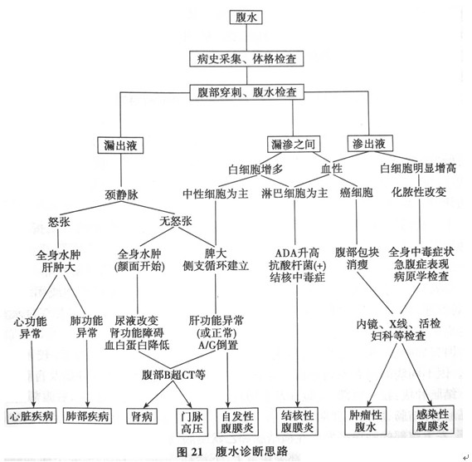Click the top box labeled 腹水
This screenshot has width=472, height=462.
[x=246, y=17]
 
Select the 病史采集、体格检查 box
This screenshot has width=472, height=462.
[x=246, y=58]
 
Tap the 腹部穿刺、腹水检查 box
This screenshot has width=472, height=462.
[x=246, y=92]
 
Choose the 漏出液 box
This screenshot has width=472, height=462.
[x=120, y=145]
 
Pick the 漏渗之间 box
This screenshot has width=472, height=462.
[x=294, y=144]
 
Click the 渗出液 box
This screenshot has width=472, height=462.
[x=370, y=143]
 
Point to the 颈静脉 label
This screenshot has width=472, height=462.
[x=121, y=194]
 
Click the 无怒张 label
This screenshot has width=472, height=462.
[x=176, y=221]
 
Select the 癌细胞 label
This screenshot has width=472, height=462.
[x=356, y=193]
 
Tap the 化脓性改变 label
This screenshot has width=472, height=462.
[x=419, y=191]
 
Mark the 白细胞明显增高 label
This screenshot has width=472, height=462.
[x=418, y=168]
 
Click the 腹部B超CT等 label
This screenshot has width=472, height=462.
[x=173, y=375]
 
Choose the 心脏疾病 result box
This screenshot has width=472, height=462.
[x=32, y=416]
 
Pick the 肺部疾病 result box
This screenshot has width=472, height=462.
[x=87, y=416]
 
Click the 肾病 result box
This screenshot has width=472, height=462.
[x=142, y=416]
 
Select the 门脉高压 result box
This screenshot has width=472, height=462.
[x=192, y=422]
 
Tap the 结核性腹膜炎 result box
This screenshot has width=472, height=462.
[x=297, y=421]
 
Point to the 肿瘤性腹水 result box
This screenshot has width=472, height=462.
[x=365, y=420]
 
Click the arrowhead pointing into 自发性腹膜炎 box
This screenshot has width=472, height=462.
[x=227, y=405]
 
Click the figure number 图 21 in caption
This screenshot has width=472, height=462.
[x=190, y=452]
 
